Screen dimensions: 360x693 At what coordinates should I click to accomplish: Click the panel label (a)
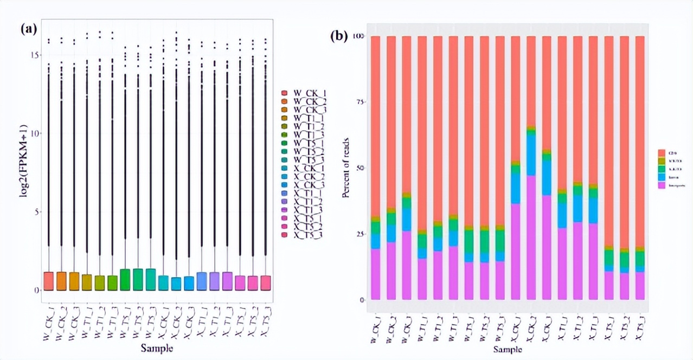(29, 29)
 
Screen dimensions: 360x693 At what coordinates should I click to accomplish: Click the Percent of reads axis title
(346, 168)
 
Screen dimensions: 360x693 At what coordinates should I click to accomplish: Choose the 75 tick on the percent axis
(357, 102)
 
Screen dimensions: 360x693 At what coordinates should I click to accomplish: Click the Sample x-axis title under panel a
(157, 347)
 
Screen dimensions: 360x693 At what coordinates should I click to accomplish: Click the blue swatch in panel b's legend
(662, 177)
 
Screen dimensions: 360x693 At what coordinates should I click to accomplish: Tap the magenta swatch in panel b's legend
(662, 185)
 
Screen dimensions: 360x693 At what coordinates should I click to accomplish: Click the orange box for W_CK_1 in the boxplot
(48, 281)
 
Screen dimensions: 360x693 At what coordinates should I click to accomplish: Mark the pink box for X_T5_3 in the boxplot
(265, 282)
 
